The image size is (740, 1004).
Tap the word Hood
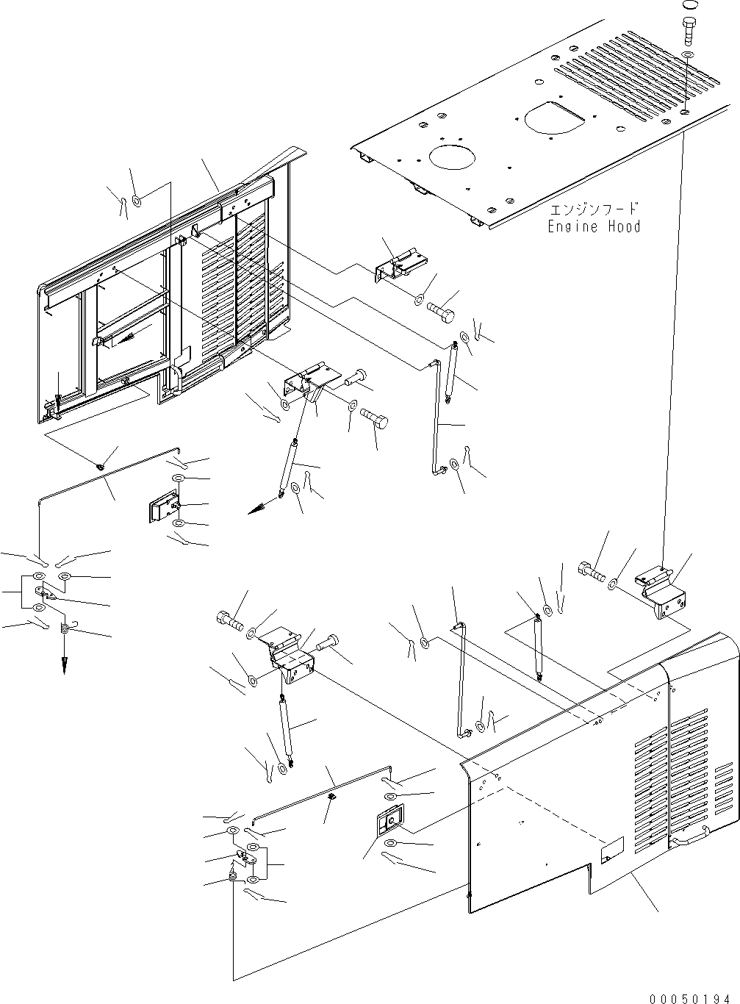coord(623,226)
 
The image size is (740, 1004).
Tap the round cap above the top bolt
coord(689,4)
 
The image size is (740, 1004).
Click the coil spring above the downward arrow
coord(65,628)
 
